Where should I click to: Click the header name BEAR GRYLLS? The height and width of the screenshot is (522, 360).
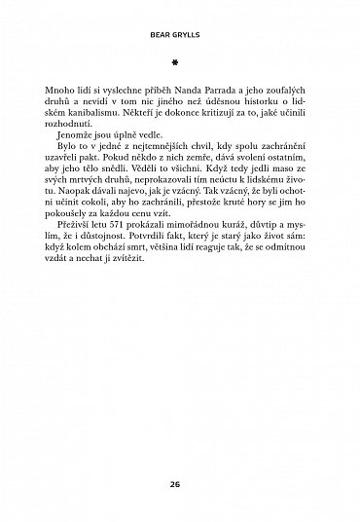click(179, 33)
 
